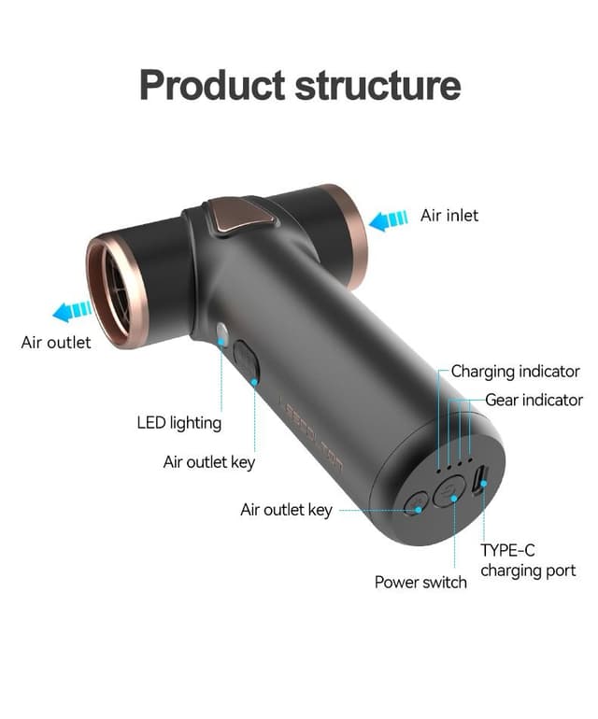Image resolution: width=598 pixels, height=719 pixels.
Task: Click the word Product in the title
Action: [212, 84]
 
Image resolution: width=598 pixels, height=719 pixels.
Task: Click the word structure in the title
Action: [378, 84]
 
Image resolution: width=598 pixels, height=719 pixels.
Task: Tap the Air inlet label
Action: [448, 216]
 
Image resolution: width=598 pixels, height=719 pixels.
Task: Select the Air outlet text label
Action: [56, 343]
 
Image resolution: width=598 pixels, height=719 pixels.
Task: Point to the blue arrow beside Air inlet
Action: [388, 220]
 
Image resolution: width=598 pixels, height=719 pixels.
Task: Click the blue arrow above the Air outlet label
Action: [72, 311]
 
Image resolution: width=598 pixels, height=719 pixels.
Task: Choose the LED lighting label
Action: [178, 423]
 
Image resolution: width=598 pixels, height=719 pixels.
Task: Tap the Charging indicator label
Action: [515, 372]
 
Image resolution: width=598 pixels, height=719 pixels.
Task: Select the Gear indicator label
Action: [534, 401]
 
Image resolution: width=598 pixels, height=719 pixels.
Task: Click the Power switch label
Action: [420, 583]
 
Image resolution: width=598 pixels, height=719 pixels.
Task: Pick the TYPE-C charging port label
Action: [528, 560]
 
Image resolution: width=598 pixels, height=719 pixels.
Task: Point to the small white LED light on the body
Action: [222, 331]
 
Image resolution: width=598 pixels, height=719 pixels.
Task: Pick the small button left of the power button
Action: [415, 504]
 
